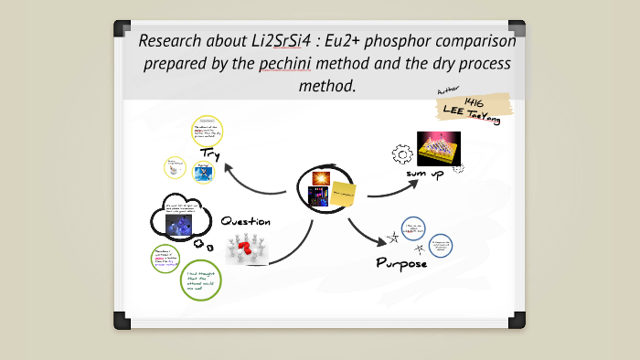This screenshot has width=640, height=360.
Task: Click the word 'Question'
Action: coord(246,221)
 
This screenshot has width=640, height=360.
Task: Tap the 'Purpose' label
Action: coord(401,263)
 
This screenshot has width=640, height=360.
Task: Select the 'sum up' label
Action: coord(425,174)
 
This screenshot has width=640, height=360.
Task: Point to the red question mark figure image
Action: coord(244,249)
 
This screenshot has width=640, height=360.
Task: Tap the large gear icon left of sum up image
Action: coord(400,154)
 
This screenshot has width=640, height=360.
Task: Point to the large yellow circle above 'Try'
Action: coord(208,131)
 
